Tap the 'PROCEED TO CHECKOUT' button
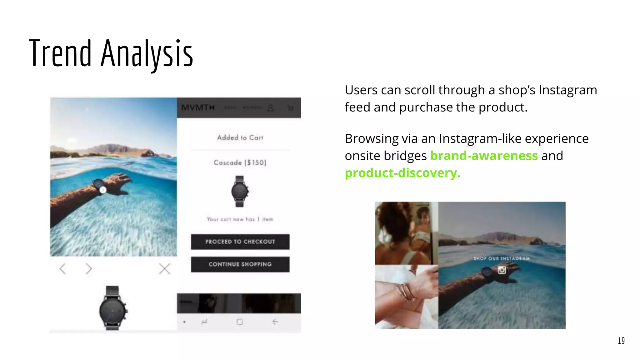pos(240,242)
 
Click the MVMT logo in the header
pos(198,108)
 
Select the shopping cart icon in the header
pos(290,108)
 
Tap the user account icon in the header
pos(271,108)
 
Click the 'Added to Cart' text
pos(240,137)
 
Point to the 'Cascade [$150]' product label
pos(240,162)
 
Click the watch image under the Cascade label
pos(240,191)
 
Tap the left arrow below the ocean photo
pos(62,269)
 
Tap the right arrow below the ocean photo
pos(89,269)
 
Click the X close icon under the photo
pos(164,269)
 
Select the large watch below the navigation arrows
pos(112,308)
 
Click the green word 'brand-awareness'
pos(484,156)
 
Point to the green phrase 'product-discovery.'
pos(402,173)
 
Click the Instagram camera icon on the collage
pos(502,270)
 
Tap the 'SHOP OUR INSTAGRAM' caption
pos(501,258)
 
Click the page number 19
pos(621,341)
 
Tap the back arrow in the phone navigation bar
pos(275,322)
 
